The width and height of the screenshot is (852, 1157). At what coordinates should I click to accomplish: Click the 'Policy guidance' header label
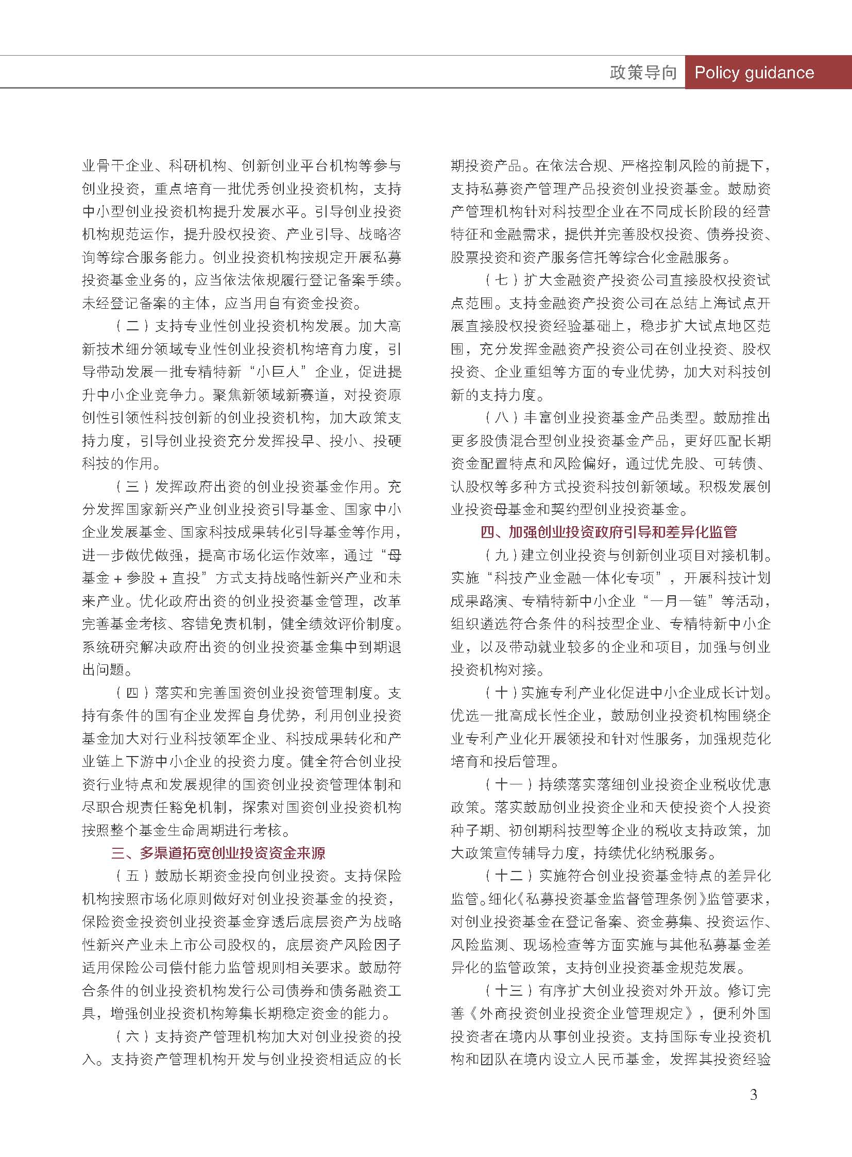tap(754, 72)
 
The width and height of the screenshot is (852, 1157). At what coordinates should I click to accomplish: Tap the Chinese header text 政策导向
tap(643, 72)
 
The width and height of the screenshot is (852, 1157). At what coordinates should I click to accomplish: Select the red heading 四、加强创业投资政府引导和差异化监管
tap(608, 532)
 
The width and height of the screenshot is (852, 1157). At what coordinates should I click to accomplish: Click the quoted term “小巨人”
tap(275, 372)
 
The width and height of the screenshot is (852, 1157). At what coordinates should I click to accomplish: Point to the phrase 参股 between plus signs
tap(141, 578)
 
